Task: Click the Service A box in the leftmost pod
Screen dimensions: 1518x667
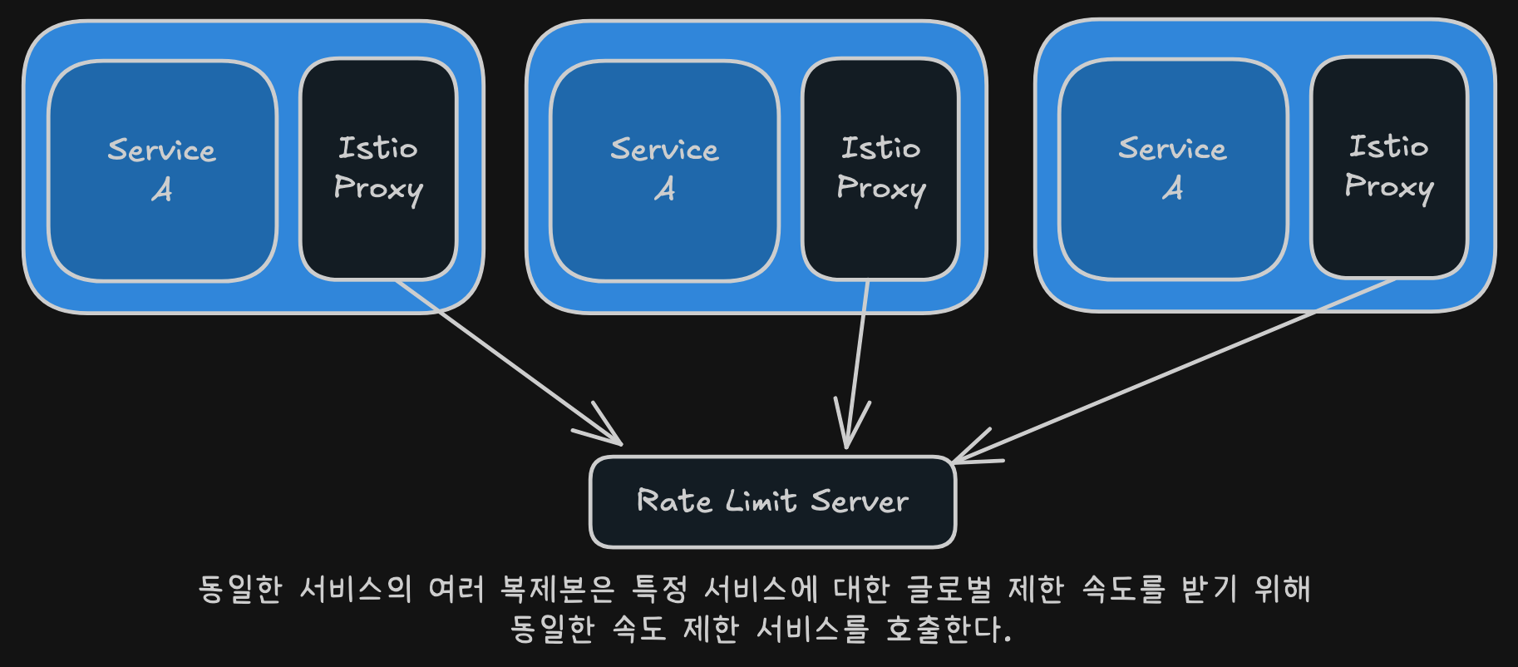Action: (x=162, y=170)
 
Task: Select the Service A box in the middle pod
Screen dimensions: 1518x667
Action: (x=664, y=170)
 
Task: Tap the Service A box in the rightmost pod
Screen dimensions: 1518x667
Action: (x=1173, y=170)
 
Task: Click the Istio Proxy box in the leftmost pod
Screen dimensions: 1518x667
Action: (x=378, y=169)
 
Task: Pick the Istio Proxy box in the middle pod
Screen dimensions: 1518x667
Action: (x=880, y=169)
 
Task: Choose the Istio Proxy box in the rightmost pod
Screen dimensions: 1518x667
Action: (x=1389, y=167)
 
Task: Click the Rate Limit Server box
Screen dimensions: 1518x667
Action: (x=773, y=501)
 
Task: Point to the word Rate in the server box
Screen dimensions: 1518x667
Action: (x=674, y=501)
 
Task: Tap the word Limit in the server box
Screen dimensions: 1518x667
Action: (x=761, y=501)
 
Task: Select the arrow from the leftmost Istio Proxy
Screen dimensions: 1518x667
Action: (x=509, y=363)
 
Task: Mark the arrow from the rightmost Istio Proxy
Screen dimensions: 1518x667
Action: (x=1174, y=370)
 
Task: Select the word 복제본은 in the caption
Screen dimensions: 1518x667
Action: (x=557, y=589)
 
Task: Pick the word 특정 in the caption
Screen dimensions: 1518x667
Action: (x=660, y=589)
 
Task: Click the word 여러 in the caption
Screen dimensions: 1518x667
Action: (x=456, y=589)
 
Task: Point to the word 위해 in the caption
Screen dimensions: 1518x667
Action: (x=1283, y=589)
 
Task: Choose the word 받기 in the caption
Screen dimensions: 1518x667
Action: (x=1209, y=589)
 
